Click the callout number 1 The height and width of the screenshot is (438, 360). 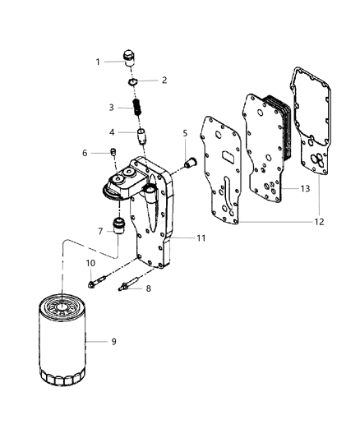tap(98, 62)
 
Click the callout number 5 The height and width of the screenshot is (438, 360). tap(186, 132)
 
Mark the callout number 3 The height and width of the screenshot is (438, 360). tap(112, 107)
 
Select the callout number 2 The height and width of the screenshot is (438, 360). tap(164, 80)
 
